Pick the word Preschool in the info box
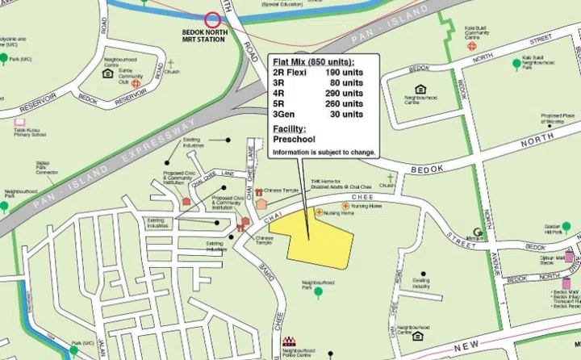292,140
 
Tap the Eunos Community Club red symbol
136,82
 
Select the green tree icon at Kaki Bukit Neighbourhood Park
516,62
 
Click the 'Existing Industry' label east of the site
421,283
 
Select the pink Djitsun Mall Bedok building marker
569,257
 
